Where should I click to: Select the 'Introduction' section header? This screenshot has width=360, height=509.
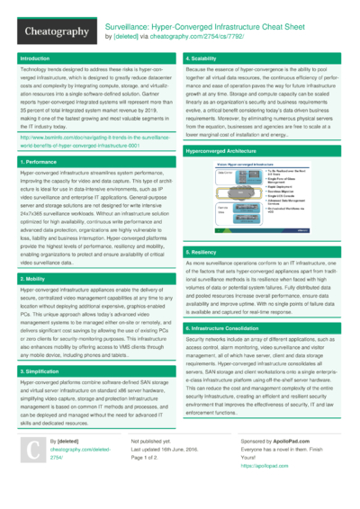pyautogui.click(x=36, y=58)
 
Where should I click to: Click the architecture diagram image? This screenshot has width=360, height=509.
pyautogui.click(x=262, y=201)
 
